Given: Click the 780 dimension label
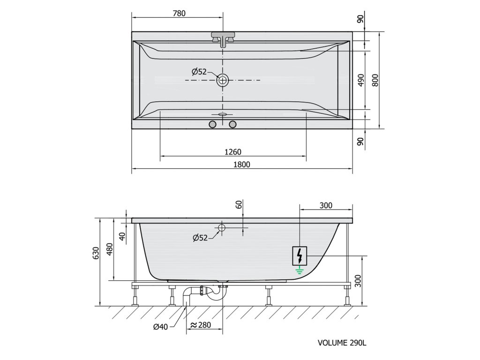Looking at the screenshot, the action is click(179, 14).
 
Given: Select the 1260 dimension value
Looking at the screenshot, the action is click(232, 152).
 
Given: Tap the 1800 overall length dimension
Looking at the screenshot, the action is click(242, 165).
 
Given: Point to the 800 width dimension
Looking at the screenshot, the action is click(375, 80).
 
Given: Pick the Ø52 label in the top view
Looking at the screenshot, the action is click(199, 72).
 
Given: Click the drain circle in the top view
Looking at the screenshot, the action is click(223, 80).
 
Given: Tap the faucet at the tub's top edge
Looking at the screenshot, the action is click(223, 39).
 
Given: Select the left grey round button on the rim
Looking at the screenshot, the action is click(212, 124).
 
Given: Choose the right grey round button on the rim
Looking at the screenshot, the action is click(233, 124).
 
